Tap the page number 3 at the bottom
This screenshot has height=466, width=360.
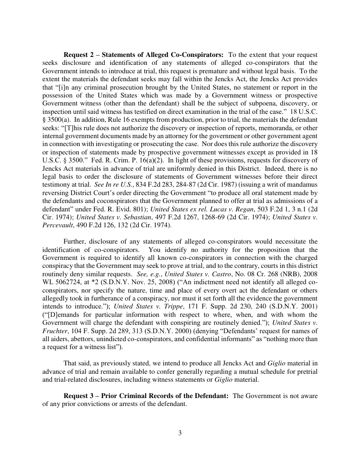pyautogui.click(x=180, y=432)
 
